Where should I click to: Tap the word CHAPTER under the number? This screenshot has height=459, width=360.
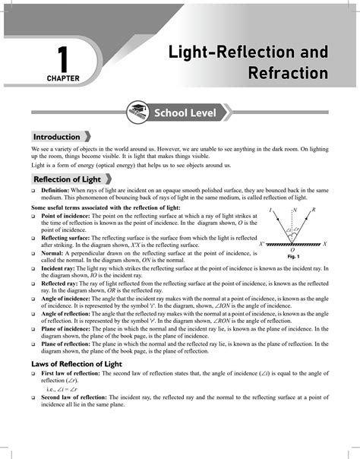click(x=62, y=78)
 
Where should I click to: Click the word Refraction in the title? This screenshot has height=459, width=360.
click(x=287, y=73)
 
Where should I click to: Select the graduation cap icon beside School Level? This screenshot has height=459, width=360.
click(x=140, y=112)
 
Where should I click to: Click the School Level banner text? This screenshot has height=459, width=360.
click(x=185, y=113)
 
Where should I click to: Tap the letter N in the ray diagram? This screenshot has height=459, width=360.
click(x=293, y=209)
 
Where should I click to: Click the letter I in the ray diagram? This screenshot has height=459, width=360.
click(x=270, y=209)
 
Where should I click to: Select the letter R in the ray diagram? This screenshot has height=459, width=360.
click(x=314, y=209)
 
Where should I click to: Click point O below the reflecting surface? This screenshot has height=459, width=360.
click(x=292, y=250)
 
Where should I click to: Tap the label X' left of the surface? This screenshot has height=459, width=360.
click(x=261, y=245)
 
